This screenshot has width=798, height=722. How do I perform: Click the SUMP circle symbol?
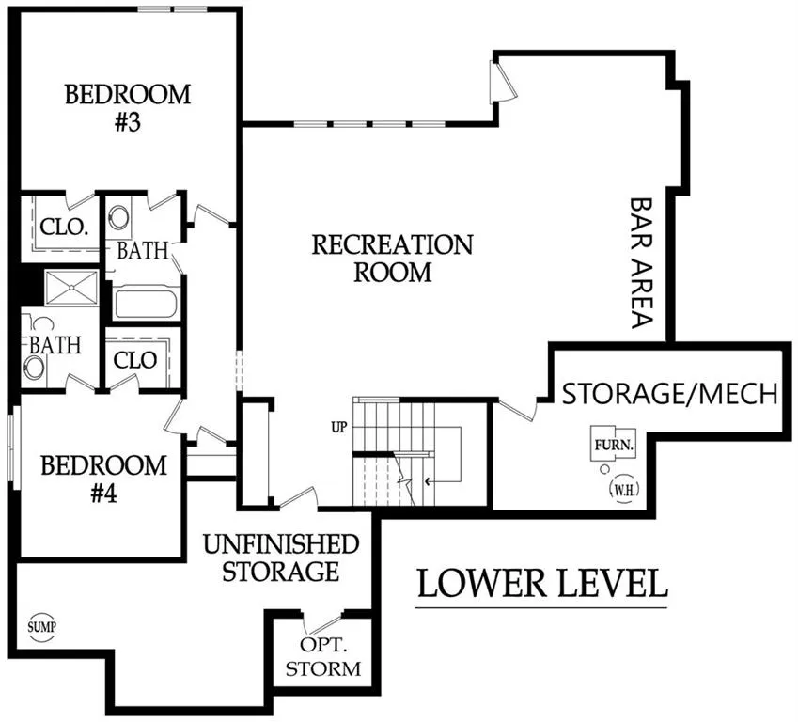(41, 626)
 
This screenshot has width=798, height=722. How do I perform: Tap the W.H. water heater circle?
(624, 490)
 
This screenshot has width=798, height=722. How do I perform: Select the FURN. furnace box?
(614, 445)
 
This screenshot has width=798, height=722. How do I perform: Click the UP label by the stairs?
(339, 427)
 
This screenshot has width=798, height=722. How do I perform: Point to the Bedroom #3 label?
(128, 108)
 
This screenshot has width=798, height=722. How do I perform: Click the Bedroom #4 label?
(103, 479)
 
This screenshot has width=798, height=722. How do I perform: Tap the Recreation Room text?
(392, 259)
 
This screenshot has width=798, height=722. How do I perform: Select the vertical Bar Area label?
(641, 262)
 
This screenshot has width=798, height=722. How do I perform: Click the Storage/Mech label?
(670, 394)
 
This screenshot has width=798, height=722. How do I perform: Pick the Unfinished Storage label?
(281, 557)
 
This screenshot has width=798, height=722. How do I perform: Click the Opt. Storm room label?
(323, 656)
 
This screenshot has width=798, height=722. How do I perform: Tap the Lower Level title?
(542, 584)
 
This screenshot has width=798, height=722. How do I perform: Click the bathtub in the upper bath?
(146, 304)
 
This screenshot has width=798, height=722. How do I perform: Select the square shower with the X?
(71, 288)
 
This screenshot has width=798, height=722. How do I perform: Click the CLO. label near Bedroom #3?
(64, 227)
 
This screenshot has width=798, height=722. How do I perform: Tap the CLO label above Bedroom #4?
(134, 360)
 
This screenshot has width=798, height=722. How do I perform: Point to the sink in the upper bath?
(119, 216)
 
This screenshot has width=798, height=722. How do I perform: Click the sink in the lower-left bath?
(34, 367)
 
